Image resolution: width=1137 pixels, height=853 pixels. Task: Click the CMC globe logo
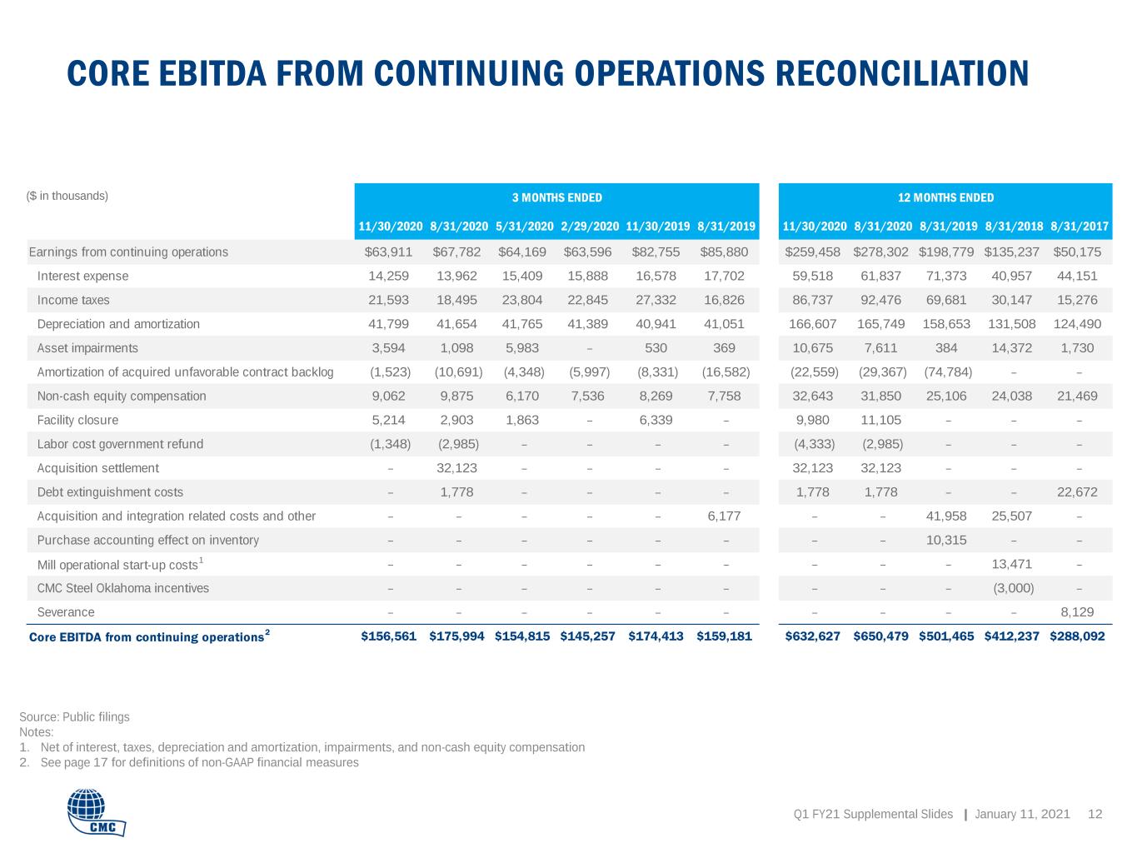97,811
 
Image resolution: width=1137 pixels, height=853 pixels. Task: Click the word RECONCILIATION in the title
902,73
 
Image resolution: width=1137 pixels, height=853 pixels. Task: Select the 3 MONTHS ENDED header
557,198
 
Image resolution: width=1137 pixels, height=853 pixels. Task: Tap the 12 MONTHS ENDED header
945,198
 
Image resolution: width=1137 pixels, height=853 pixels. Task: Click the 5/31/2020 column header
524,227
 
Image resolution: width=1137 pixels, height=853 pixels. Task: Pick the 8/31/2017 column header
1079,227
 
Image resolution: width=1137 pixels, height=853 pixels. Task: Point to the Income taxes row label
73,300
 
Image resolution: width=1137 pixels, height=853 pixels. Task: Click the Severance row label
66,612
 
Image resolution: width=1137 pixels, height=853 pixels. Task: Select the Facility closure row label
77,420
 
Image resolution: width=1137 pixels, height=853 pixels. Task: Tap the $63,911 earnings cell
388,252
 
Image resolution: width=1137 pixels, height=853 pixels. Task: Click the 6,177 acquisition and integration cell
724,516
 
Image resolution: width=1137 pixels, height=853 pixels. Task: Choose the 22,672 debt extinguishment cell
1077,492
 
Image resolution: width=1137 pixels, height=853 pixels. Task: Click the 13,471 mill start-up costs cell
1012,564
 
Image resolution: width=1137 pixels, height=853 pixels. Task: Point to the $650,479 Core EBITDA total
880,636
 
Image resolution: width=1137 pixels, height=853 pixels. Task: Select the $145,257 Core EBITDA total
587,636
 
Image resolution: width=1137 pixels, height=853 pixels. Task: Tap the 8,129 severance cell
1077,612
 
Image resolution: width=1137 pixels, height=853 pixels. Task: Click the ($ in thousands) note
67,196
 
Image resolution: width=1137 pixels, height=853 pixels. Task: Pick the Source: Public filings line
74,716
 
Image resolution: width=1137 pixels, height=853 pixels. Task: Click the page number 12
1095,814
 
